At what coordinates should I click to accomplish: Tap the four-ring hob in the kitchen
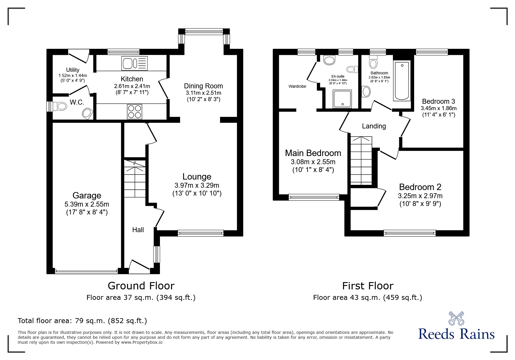(x=135, y=111)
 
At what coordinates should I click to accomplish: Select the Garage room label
(x=87, y=196)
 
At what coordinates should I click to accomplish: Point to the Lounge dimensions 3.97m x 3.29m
(x=197, y=185)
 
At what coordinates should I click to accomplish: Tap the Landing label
(x=374, y=126)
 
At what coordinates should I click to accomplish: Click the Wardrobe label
(x=297, y=86)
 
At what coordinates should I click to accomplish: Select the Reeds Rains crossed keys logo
(x=456, y=318)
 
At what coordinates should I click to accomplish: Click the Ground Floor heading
(x=141, y=286)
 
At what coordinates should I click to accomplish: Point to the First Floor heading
(x=368, y=286)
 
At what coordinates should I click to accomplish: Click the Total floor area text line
(x=82, y=321)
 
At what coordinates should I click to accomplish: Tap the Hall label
(x=138, y=230)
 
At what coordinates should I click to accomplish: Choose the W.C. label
(x=77, y=102)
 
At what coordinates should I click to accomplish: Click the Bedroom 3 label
(x=438, y=101)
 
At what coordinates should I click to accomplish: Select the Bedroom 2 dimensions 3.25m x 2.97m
(x=420, y=196)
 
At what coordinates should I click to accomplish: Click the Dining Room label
(x=203, y=86)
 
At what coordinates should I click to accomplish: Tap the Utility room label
(x=72, y=70)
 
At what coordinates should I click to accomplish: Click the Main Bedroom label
(x=313, y=153)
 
